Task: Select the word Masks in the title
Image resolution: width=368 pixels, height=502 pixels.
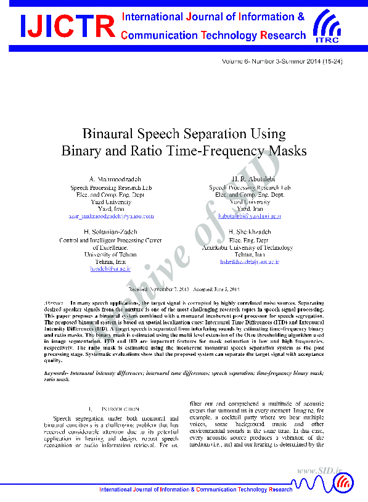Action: [x=288, y=150]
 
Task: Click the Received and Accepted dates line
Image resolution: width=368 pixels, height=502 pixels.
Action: [x=184, y=289]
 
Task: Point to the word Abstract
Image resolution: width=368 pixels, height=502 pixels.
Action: [x=56, y=304]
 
